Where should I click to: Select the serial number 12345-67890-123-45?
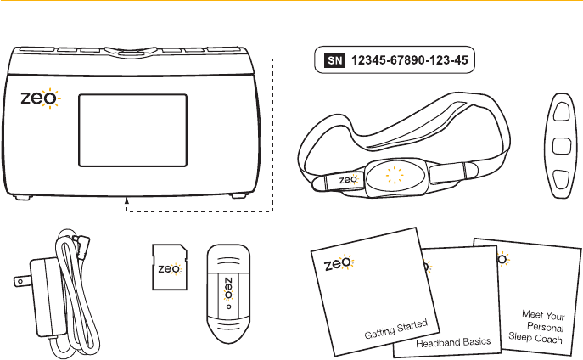click(402, 60)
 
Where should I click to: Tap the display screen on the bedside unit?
click(121, 132)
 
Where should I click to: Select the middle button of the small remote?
click(561, 145)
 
